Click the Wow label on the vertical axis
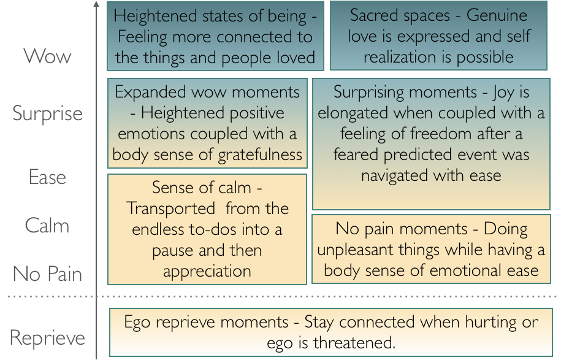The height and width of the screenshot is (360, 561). pyautogui.click(x=47, y=56)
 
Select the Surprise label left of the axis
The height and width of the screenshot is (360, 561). pyautogui.click(x=47, y=114)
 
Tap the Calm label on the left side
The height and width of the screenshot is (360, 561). pyautogui.click(x=47, y=226)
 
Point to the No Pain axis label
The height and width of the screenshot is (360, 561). pyautogui.click(x=47, y=274)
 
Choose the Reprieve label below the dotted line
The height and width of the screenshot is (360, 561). pyautogui.click(x=47, y=338)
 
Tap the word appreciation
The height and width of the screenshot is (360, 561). pyautogui.click(x=207, y=271)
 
